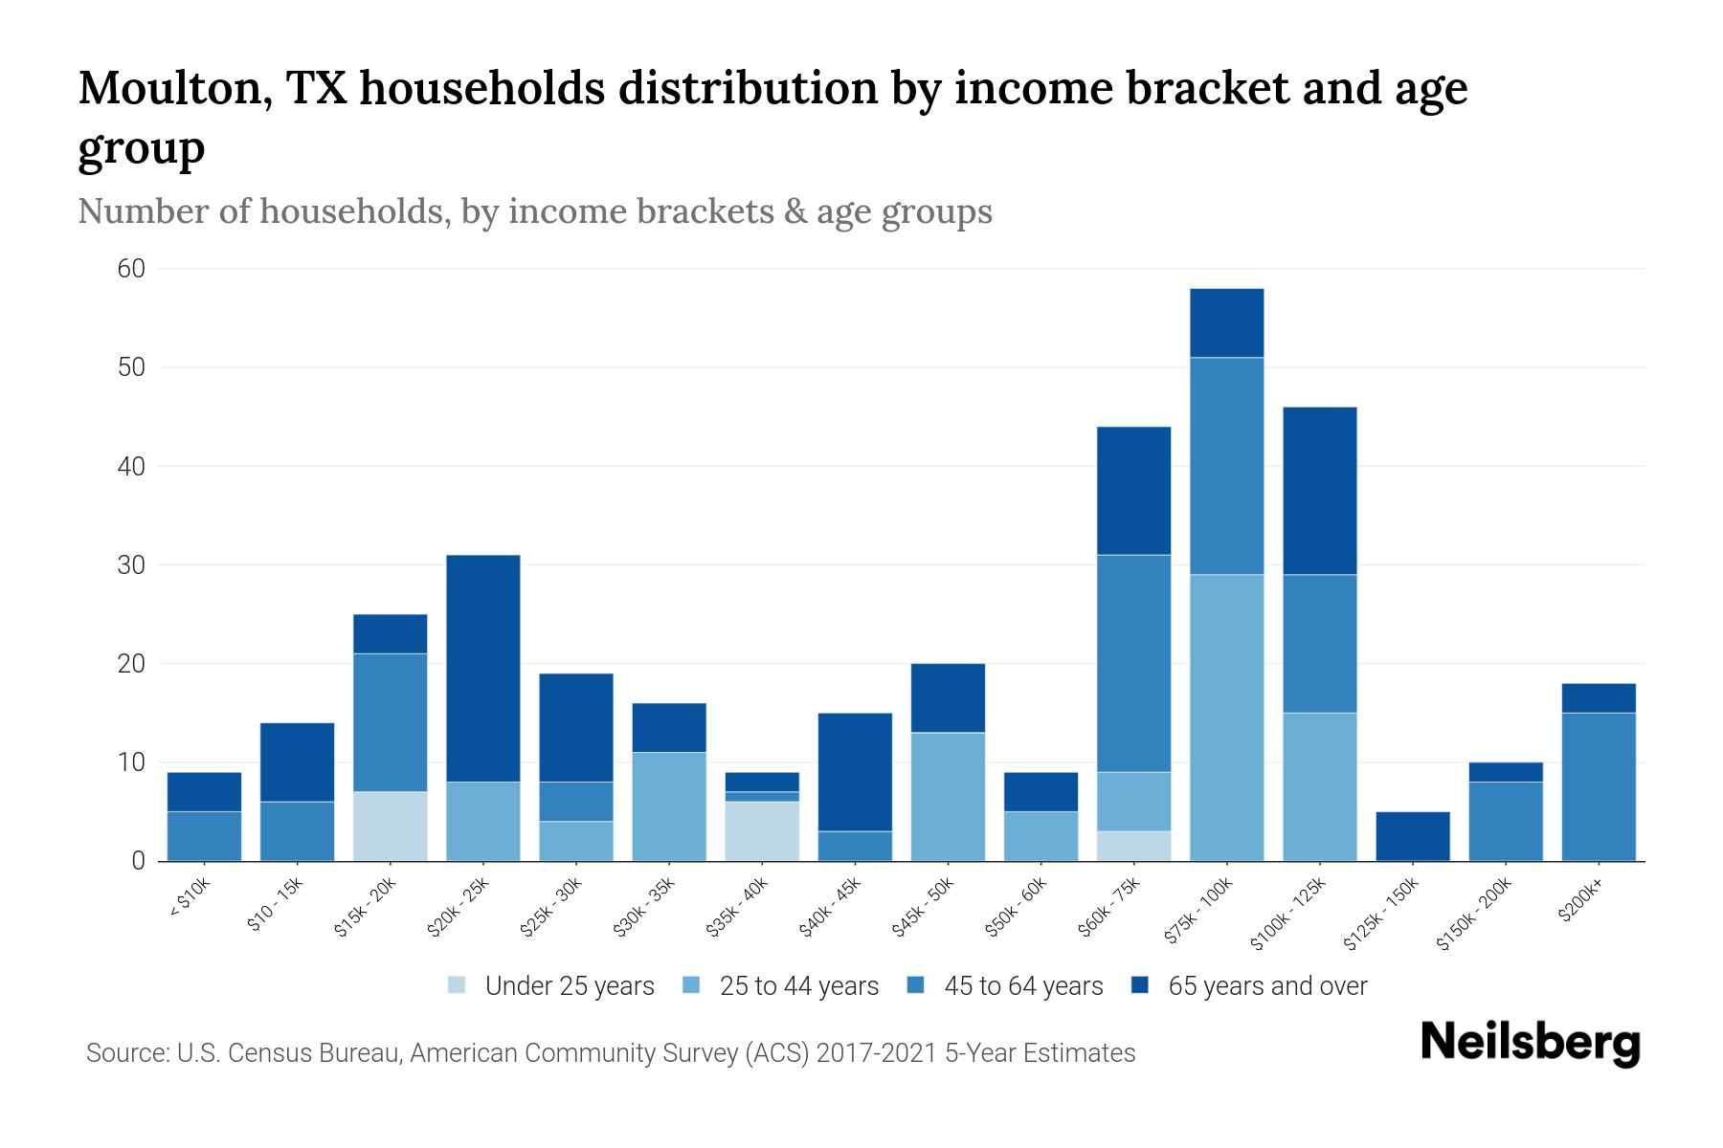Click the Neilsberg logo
click(x=1530, y=1043)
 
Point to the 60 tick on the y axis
click(x=131, y=269)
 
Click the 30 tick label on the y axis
click(x=131, y=565)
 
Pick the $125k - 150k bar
click(x=1412, y=836)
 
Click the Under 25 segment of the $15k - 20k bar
click(x=390, y=827)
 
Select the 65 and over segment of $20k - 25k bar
click(x=482, y=668)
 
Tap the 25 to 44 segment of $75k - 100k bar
click(x=1226, y=717)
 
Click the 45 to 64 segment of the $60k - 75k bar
click(x=1133, y=663)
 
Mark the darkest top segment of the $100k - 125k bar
click(x=1319, y=491)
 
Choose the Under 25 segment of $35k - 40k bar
click(x=761, y=831)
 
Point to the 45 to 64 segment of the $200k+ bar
click(x=1598, y=786)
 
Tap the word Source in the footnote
click(x=125, y=1053)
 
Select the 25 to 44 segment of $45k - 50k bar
click(x=948, y=797)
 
